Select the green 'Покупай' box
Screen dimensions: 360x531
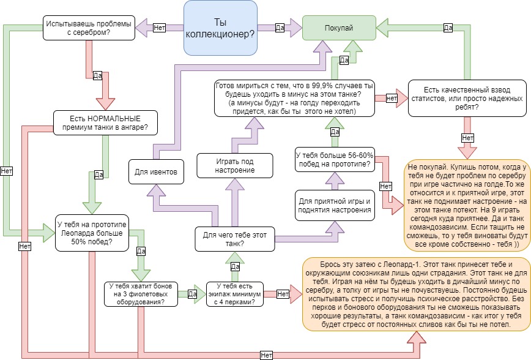[x=341, y=28]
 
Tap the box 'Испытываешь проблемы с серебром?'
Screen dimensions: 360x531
[x=89, y=28]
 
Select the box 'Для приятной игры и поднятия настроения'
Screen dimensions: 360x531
[x=335, y=206]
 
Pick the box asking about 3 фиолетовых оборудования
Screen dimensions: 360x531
[x=141, y=293]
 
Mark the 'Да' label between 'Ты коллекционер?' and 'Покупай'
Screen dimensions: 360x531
[x=280, y=28]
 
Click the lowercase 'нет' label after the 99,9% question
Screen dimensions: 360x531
[x=392, y=97]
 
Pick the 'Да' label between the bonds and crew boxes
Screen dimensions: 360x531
[x=192, y=294]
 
